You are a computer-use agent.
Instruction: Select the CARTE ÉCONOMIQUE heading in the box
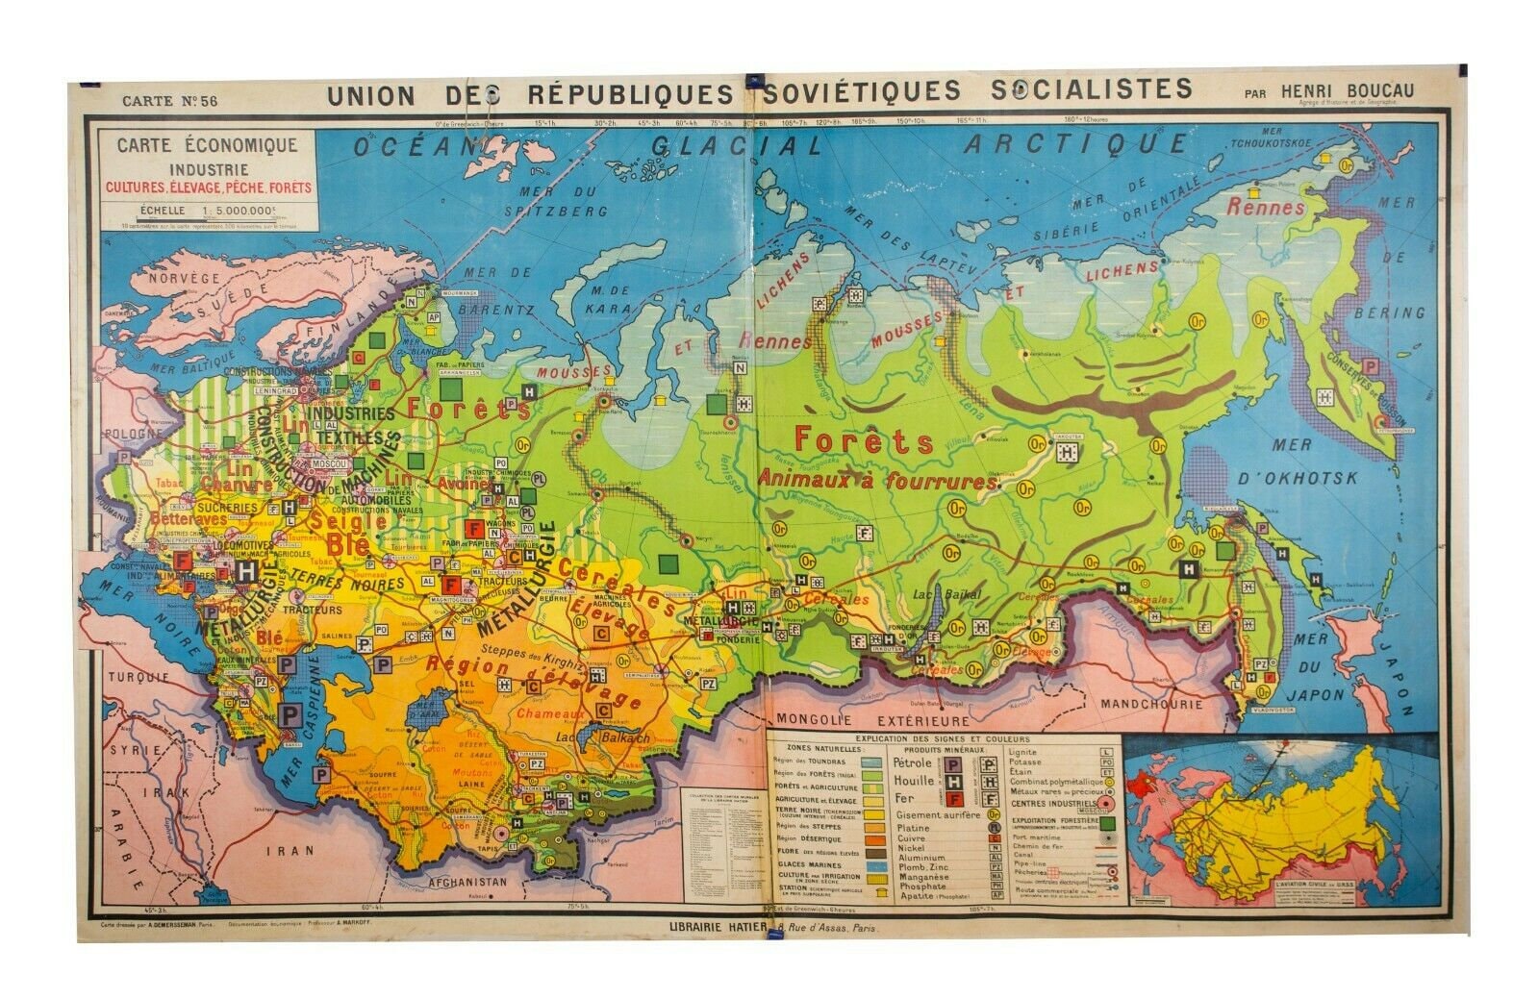[208, 146]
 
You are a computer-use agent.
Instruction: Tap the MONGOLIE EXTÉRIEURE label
[873, 719]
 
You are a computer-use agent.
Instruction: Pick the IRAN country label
[290, 850]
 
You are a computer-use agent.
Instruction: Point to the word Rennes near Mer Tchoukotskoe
[1267, 207]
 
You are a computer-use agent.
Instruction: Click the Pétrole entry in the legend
[914, 763]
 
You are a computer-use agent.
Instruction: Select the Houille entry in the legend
[914, 781]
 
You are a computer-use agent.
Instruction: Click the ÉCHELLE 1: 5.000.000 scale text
[207, 210]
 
